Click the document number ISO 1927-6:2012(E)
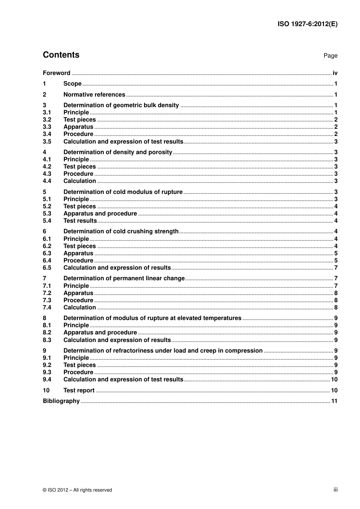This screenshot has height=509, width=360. (x=307, y=24)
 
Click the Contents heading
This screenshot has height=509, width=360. (x=61, y=55)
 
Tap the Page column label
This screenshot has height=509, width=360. (x=330, y=56)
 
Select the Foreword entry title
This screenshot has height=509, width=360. (x=56, y=73)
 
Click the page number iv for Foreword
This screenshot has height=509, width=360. (x=335, y=73)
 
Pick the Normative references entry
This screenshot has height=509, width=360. (x=94, y=95)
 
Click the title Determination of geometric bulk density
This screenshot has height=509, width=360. (x=121, y=105)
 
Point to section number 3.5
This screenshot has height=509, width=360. (x=47, y=142)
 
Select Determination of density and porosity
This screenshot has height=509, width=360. (x=117, y=152)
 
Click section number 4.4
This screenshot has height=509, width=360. (x=47, y=181)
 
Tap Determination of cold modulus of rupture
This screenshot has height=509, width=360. (x=123, y=192)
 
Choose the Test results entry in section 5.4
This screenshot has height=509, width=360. (x=80, y=221)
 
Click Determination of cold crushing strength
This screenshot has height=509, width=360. (x=121, y=231)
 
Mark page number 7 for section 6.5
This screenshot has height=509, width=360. (x=336, y=268)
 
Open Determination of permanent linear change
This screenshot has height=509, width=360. (x=124, y=278)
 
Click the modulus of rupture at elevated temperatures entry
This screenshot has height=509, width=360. (x=152, y=318)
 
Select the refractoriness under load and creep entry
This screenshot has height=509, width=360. (x=163, y=351)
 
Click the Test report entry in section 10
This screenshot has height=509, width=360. (x=79, y=390)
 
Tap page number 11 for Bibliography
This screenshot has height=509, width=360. (x=334, y=401)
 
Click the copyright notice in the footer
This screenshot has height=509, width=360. (x=77, y=490)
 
